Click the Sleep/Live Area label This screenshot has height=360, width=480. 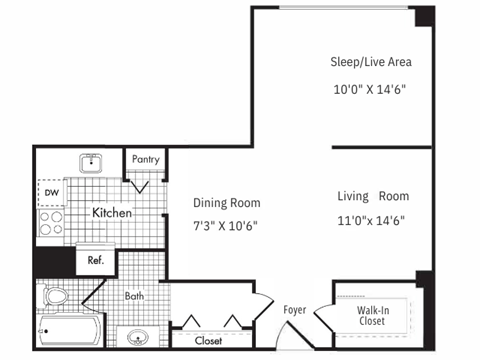point(370,62)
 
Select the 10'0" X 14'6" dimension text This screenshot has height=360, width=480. point(370,89)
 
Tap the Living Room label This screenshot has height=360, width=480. point(372,195)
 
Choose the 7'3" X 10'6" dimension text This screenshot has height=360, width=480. point(225,225)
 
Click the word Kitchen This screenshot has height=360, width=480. point(113,213)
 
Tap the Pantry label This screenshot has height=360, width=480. point(145,158)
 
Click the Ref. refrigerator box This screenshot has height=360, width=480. point(96,260)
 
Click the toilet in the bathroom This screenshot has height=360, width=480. point(56,297)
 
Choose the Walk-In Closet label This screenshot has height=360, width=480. point(373,316)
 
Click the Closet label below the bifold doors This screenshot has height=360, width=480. point(208,341)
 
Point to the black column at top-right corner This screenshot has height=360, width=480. point(424,17)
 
